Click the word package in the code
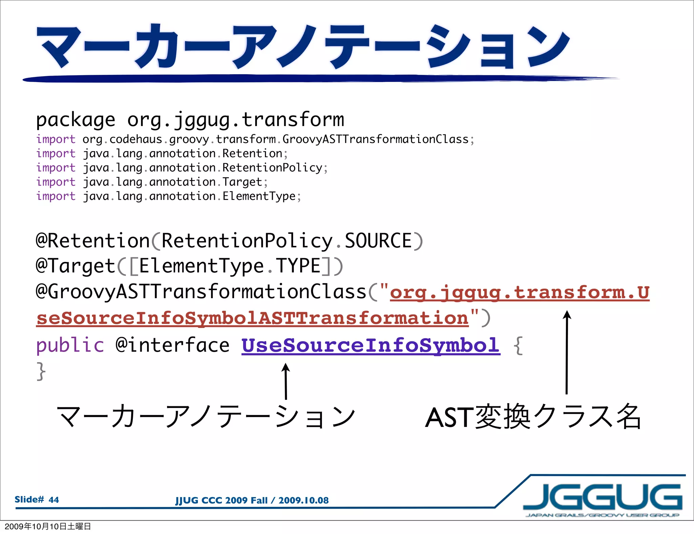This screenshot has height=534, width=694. click(76, 120)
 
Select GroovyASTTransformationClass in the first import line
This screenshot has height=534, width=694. click(375, 139)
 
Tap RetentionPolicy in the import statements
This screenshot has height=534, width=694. click(272, 168)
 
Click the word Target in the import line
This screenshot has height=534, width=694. click(242, 182)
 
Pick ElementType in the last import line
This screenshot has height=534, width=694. click(259, 196)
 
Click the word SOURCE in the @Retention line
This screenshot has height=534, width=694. click(378, 241)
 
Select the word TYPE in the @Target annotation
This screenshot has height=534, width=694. click(298, 266)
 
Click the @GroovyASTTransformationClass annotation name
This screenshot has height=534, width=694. click(201, 292)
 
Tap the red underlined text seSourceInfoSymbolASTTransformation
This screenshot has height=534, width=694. click(252, 318)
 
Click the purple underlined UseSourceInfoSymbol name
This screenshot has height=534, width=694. click(371, 345)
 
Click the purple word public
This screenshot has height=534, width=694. click(70, 345)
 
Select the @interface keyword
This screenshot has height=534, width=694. click(172, 345)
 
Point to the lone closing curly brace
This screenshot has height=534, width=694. click(41, 371)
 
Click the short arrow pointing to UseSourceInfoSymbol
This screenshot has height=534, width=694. click(286, 381)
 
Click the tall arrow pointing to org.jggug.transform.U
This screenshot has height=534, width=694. click(567, 352)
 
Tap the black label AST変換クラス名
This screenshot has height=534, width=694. click(533, 417)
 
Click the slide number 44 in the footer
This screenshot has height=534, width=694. click(54, 500)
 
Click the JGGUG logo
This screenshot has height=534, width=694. click(603, 498)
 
